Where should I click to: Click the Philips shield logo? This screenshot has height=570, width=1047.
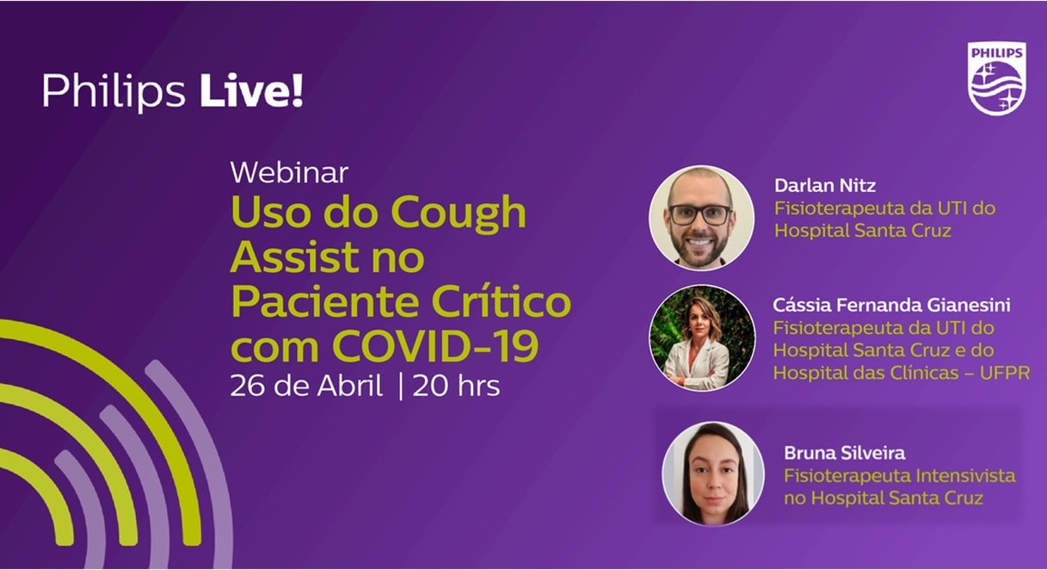point(996,78)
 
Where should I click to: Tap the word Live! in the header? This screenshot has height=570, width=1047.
point(252,90)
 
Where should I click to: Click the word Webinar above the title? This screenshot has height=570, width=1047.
point(289,173)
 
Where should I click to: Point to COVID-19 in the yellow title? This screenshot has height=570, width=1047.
point(435,346)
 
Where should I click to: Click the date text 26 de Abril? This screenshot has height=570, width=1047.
point(306,386)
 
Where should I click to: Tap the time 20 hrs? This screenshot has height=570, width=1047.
point(456,387)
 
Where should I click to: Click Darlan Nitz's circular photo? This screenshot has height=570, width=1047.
point(701,218)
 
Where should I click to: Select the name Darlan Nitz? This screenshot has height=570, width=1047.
point(825,185)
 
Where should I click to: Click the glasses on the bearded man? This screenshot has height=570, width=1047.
point(700,215)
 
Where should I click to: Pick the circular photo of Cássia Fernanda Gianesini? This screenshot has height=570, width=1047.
point(701,338)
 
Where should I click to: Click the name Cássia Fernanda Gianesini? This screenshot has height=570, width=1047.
point(892,305)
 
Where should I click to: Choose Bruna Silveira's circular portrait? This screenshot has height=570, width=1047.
point(713,474)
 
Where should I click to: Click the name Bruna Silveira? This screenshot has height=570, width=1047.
point(845,453)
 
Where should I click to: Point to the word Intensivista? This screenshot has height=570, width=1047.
point(965,476)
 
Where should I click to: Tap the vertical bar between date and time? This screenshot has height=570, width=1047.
point(400,387)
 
